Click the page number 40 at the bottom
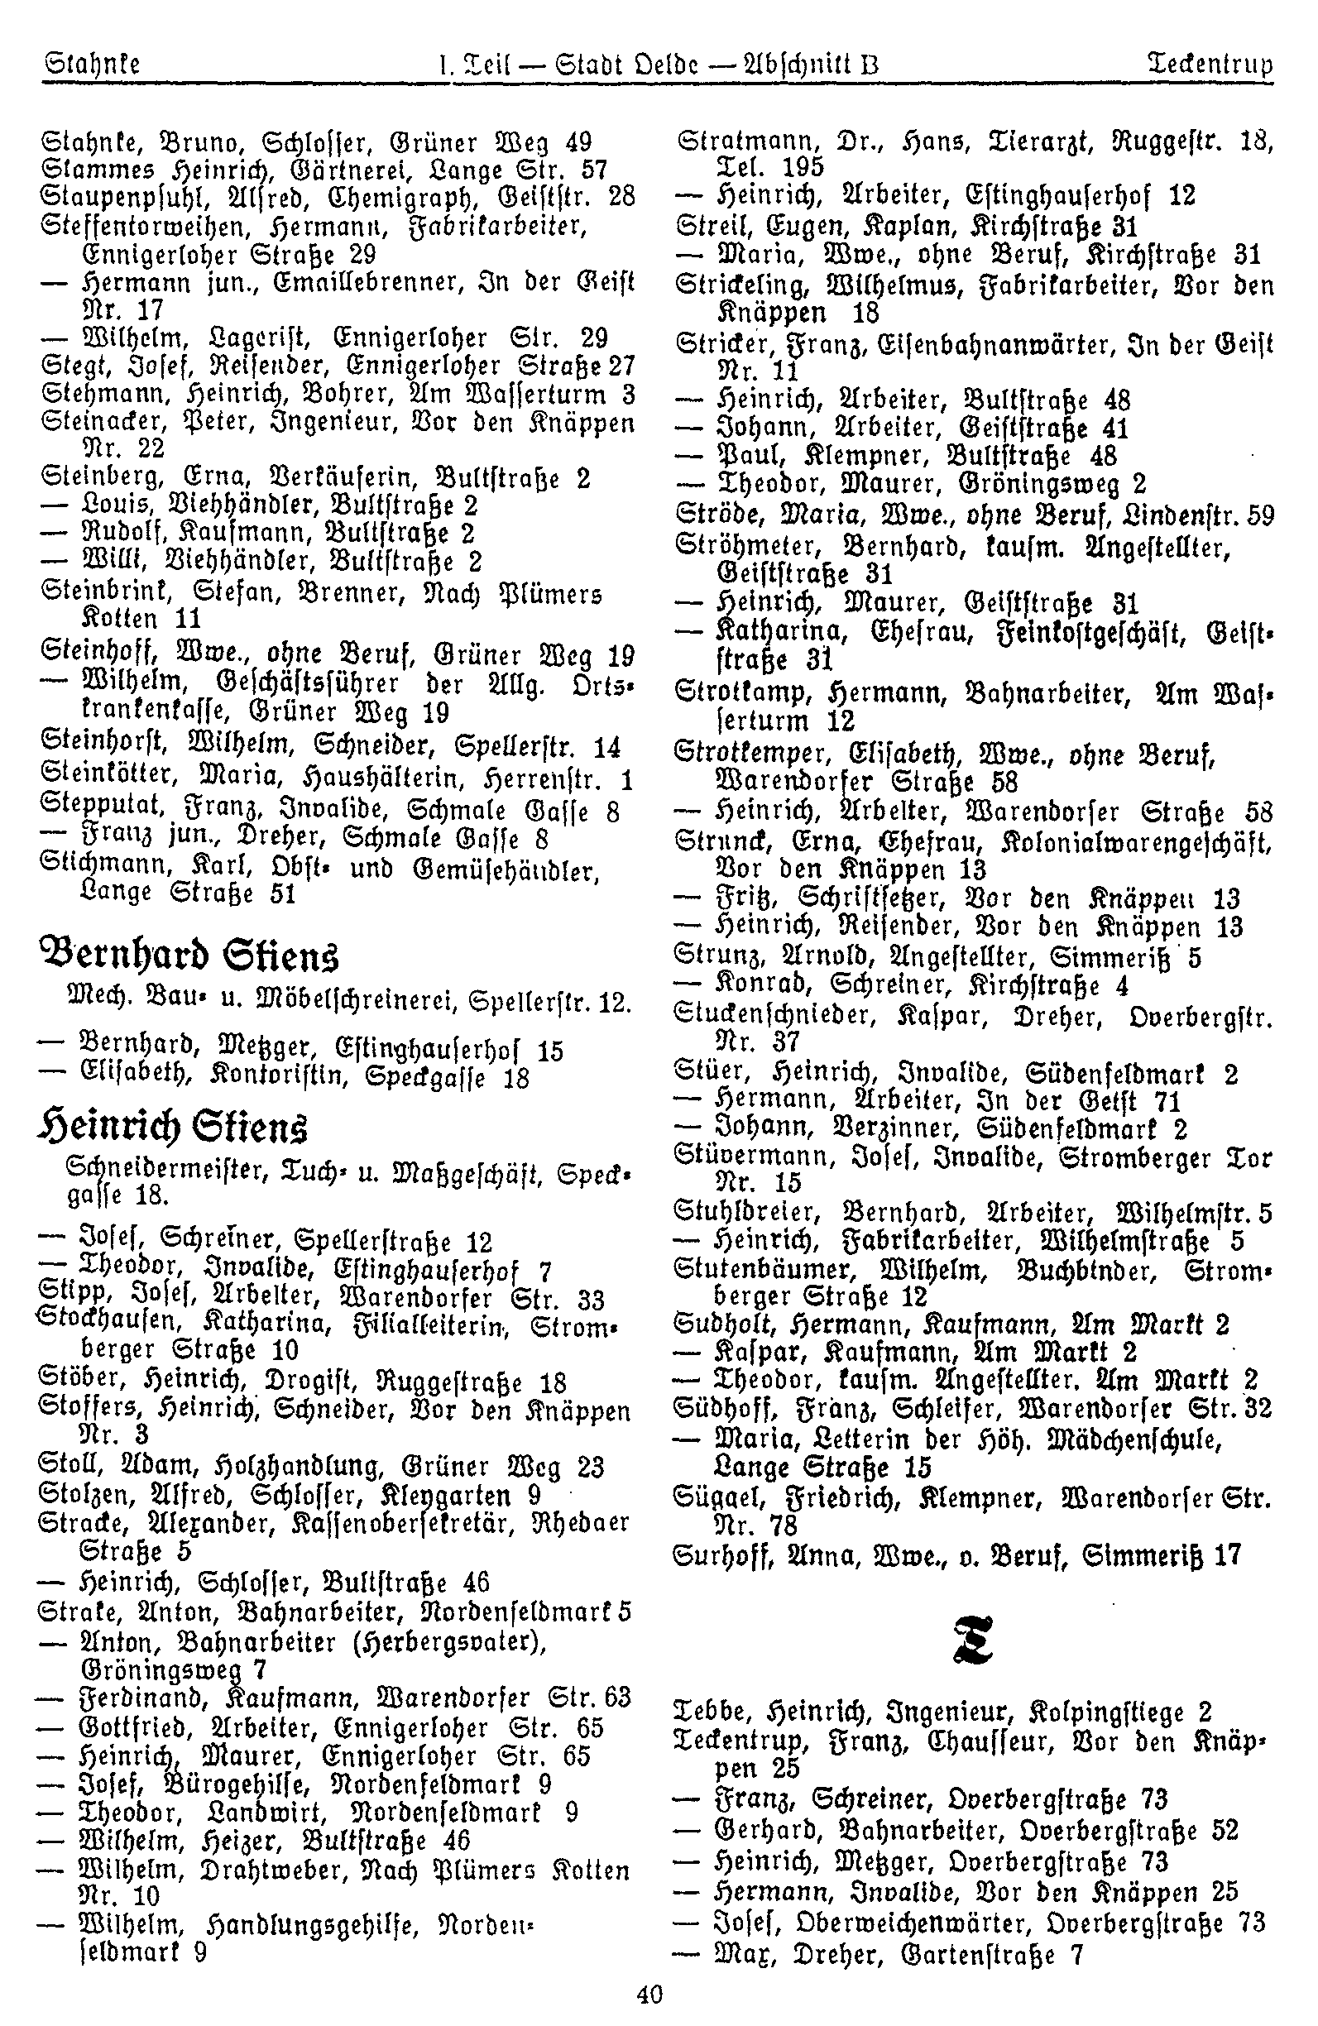point(649,1995)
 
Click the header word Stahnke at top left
point(91,64)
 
